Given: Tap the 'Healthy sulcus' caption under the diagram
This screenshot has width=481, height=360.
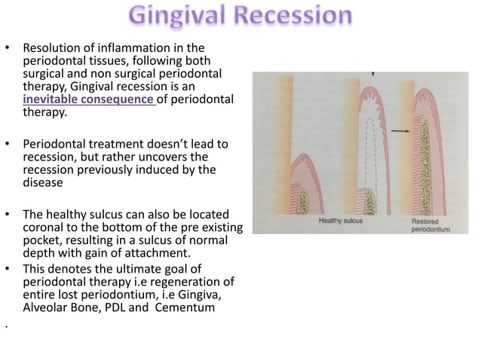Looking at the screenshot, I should [x=341, y=221].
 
